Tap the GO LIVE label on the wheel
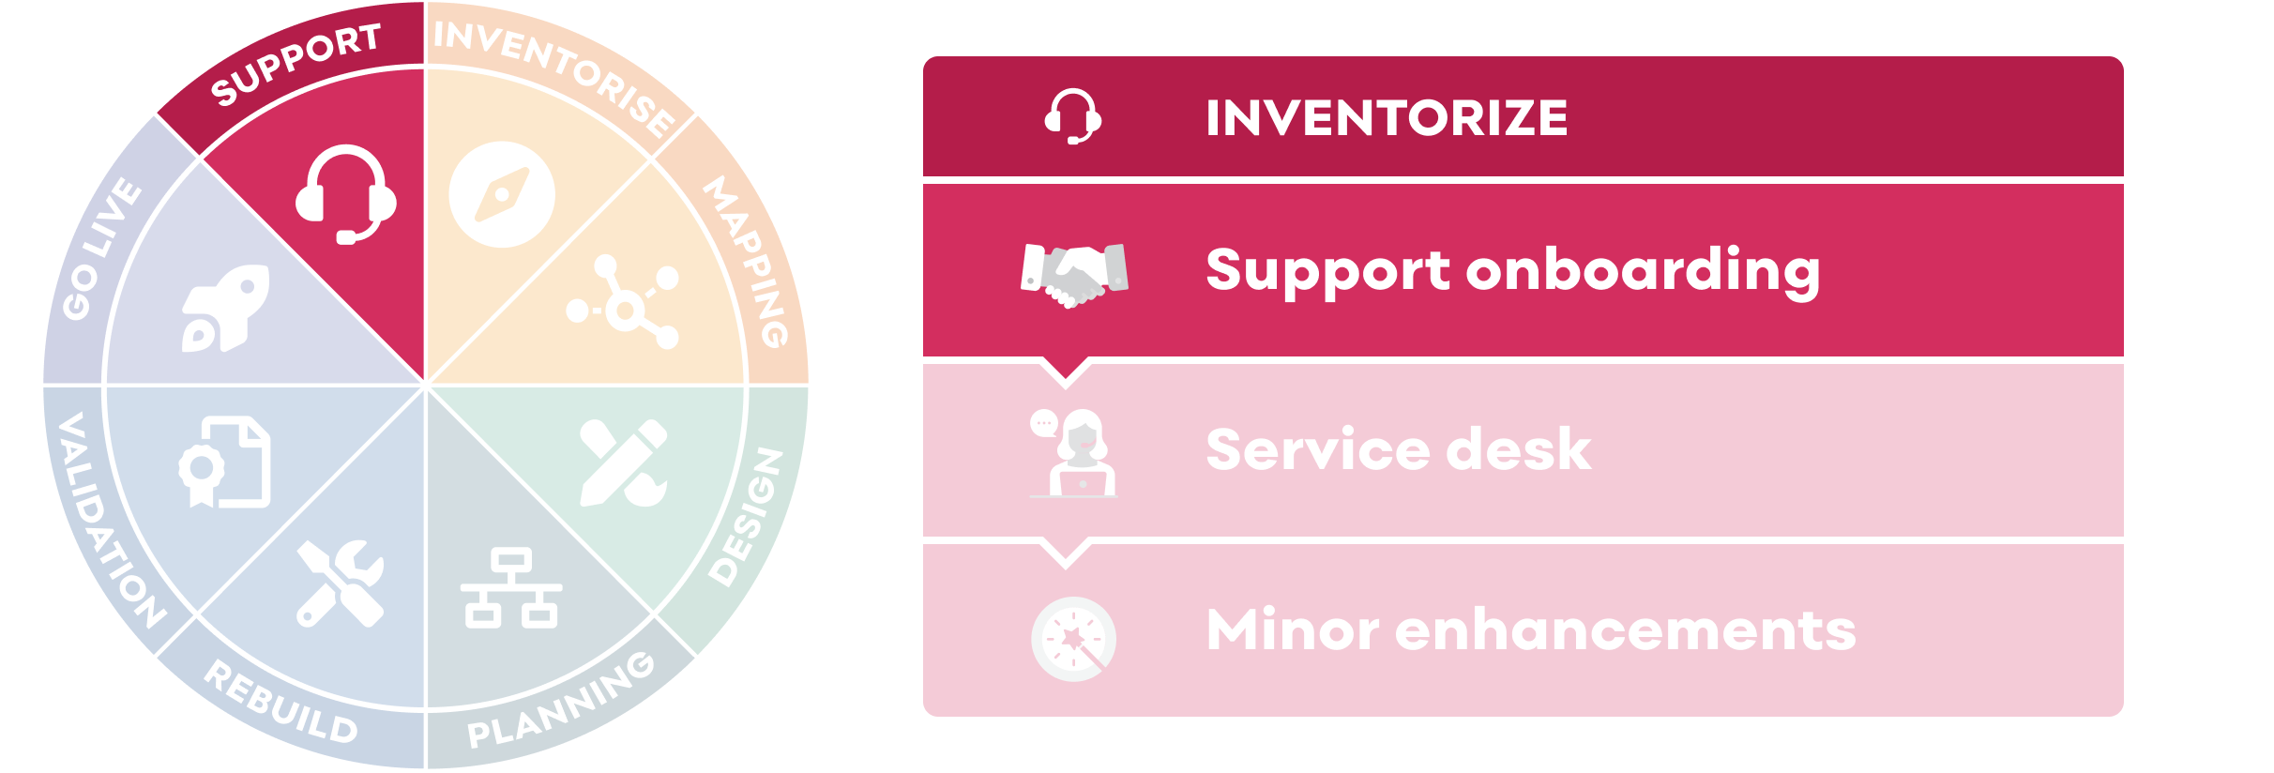101,248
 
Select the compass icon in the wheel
502,194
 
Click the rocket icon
225,308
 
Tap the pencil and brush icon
624,463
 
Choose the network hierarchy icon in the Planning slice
511,588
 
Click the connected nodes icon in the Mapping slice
624,302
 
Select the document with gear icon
225,462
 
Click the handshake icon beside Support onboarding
1074,275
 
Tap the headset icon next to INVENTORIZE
1073,116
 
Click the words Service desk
1398,449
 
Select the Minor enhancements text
1530,629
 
